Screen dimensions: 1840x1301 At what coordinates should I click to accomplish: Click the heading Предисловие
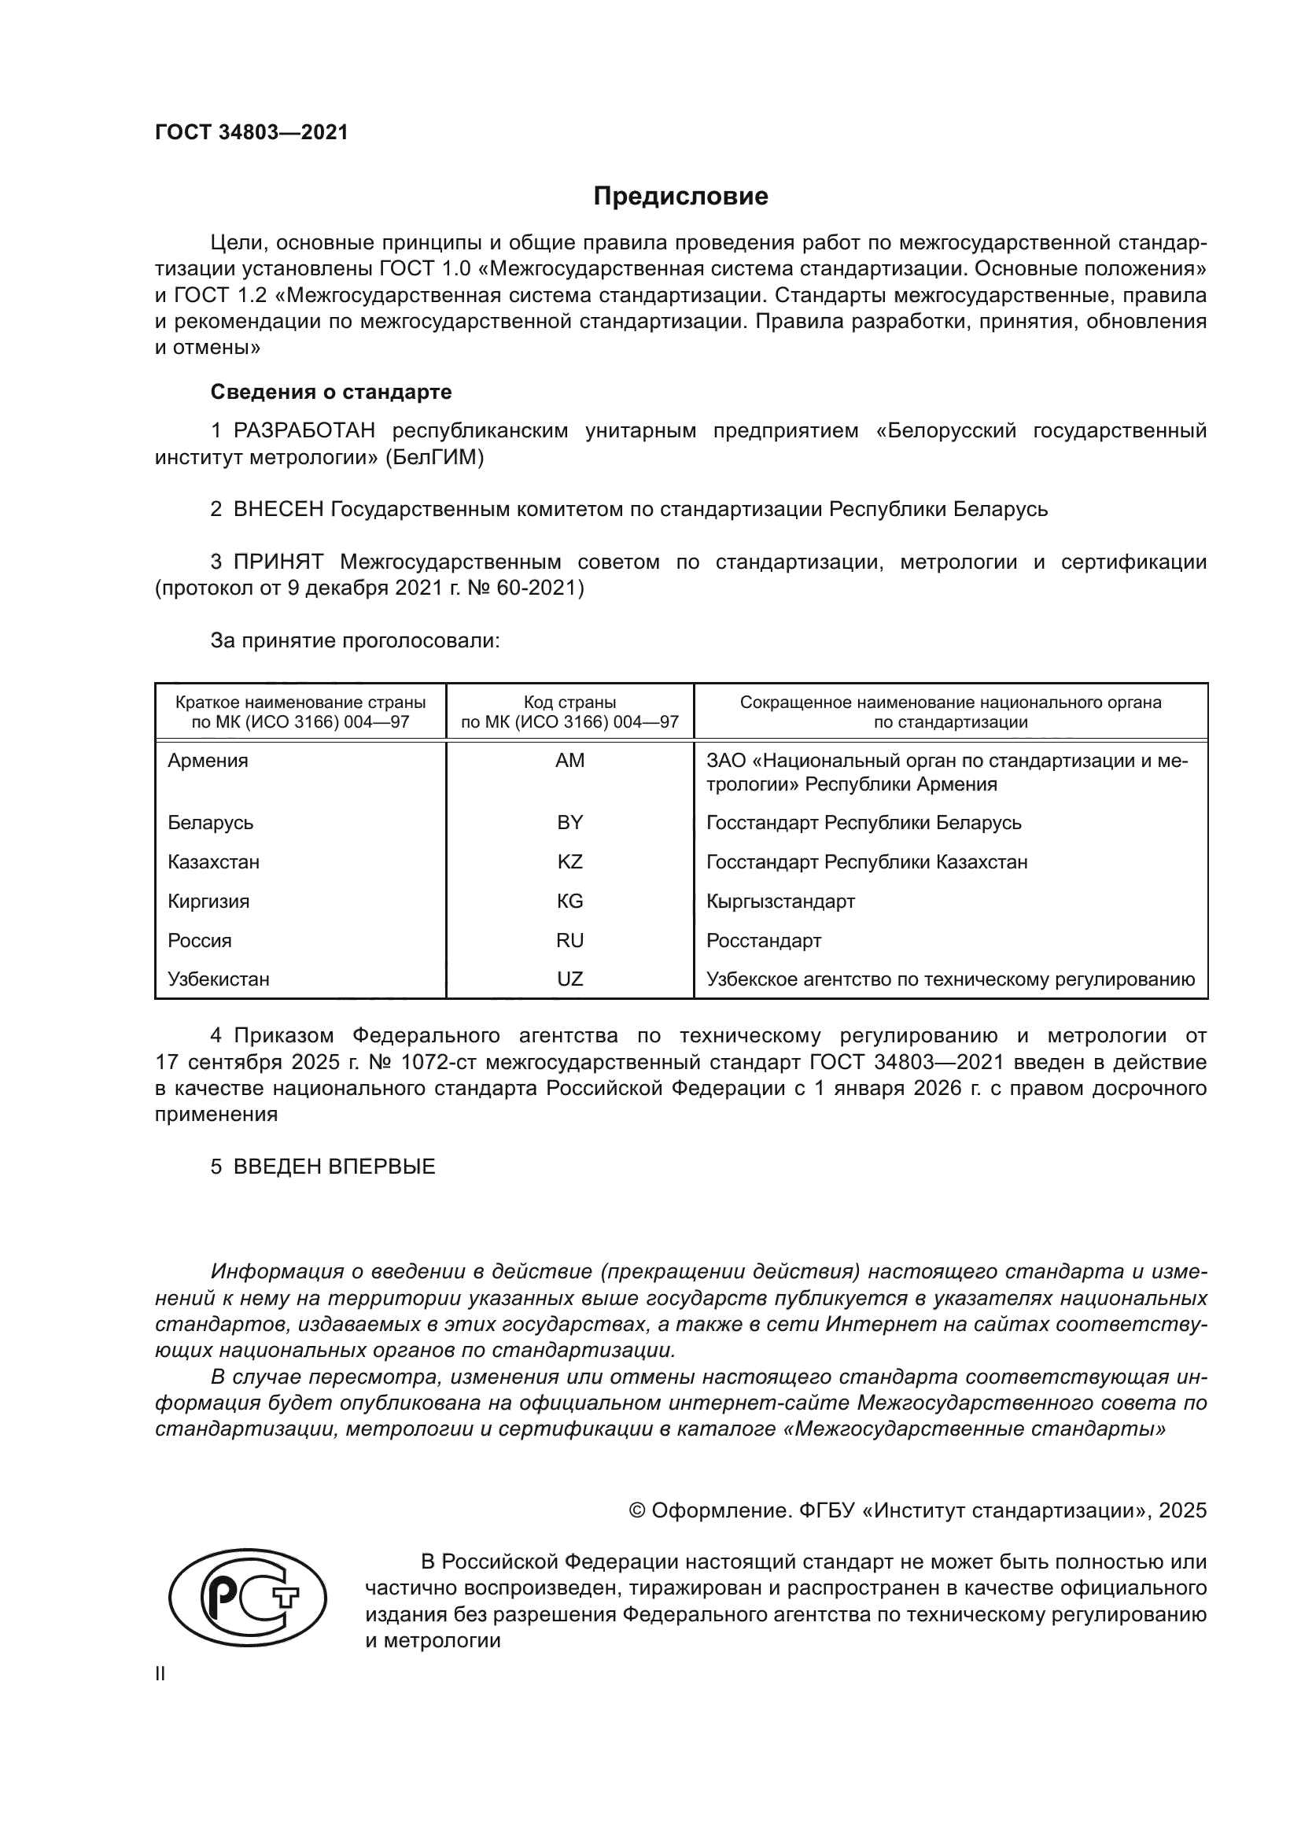coord(680,197)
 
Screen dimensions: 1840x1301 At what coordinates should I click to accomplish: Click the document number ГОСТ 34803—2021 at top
coord(252,132)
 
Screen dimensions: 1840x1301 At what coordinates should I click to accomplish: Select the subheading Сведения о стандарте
coord(331,392)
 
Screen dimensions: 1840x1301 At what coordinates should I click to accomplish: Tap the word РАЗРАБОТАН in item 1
coord(304,431)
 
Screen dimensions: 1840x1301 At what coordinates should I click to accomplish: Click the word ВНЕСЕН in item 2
coord(278,510)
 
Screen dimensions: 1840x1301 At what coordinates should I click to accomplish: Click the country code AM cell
coord(569,761)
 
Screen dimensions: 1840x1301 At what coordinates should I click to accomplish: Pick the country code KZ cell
coord(569,862)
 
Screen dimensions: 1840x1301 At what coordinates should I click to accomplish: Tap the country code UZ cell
coord(569,979)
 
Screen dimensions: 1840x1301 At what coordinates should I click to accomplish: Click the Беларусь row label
coord(211,823)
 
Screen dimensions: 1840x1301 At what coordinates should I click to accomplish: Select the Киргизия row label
coord(208,902)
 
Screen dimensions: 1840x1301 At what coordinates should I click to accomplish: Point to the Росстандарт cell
coord(764,941)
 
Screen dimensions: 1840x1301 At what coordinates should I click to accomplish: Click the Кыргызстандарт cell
coord(780,902)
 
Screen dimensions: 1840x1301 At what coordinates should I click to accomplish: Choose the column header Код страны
coord(569,702)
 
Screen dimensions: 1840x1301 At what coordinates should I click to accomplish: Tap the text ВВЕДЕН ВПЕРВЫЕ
coord(334,1167)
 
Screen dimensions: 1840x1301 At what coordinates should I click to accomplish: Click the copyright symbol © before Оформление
coord(637,1510)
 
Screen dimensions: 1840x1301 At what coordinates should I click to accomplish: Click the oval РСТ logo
coord(248,1598)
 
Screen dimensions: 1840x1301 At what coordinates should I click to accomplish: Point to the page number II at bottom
coord(160,1673)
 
